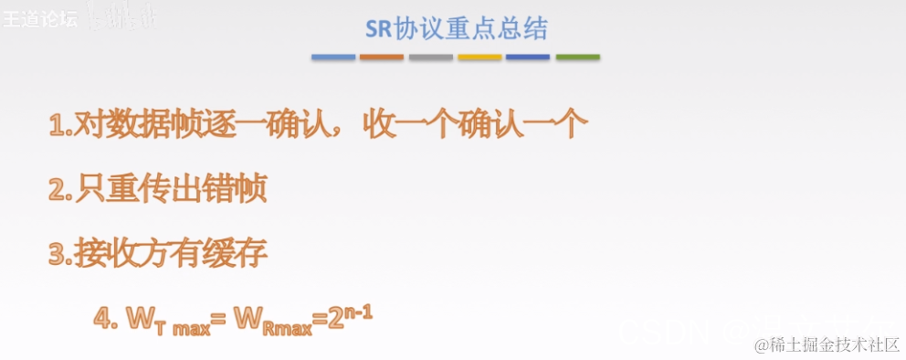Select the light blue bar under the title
[x=332, y=57]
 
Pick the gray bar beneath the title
[x=430, y=57]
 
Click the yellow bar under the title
[x=479, y=57]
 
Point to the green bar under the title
[x=577, y=57]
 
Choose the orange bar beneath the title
[x=382, y=57]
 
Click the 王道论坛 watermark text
[x=39, y=17]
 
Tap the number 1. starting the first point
[x=59, y=126]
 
